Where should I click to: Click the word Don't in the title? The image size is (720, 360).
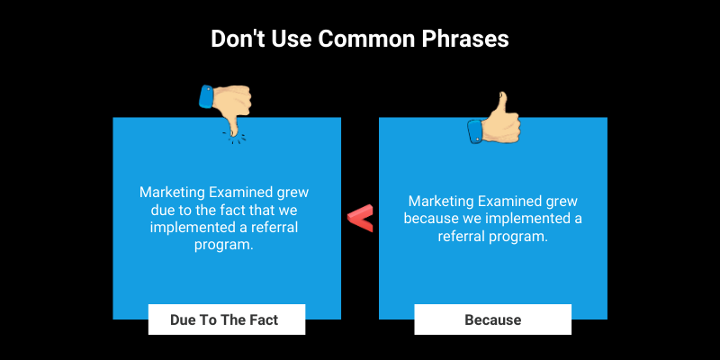pyautogui.click(x=236, y=40)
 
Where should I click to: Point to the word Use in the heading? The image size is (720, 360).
pyautogui.click(x=287, y=40)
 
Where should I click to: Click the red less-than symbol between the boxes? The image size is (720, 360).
pyautogui.click(x=360, y=218)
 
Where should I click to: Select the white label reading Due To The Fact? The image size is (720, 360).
pyautogui.click(x=227, y=319)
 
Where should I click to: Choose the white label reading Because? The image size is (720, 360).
pyautogui.click(x=492, y=319)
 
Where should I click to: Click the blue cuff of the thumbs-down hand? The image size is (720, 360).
pyautogui.click(x=206, y=96)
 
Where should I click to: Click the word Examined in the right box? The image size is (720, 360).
pyautogui.click(x=511, y=201)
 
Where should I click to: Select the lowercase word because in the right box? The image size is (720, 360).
pyautogui.click(x=435, y=219)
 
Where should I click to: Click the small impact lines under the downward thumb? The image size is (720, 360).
pyautogui.click(x=234, y=136)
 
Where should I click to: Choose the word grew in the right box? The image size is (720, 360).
pyautogui.click(x=562, y=201)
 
